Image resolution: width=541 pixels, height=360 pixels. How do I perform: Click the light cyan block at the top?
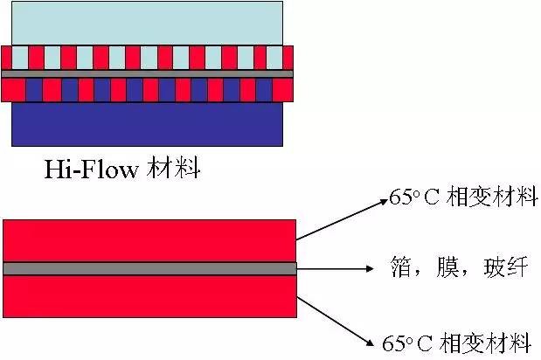tap(147, 22)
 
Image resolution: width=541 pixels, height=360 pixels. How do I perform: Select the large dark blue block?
tap(147, 123)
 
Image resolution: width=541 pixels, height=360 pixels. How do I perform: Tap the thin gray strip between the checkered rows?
tap(147, 74)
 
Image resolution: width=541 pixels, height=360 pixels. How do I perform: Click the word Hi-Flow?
tap(91, 169)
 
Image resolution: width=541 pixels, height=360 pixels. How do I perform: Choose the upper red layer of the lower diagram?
tap(149, 239)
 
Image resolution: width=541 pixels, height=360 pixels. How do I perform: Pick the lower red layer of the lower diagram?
tap(149, 295)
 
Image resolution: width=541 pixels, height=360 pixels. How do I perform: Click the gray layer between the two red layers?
tap(149, 267)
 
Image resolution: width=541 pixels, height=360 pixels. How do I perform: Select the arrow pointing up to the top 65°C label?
tap(341, 218)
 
